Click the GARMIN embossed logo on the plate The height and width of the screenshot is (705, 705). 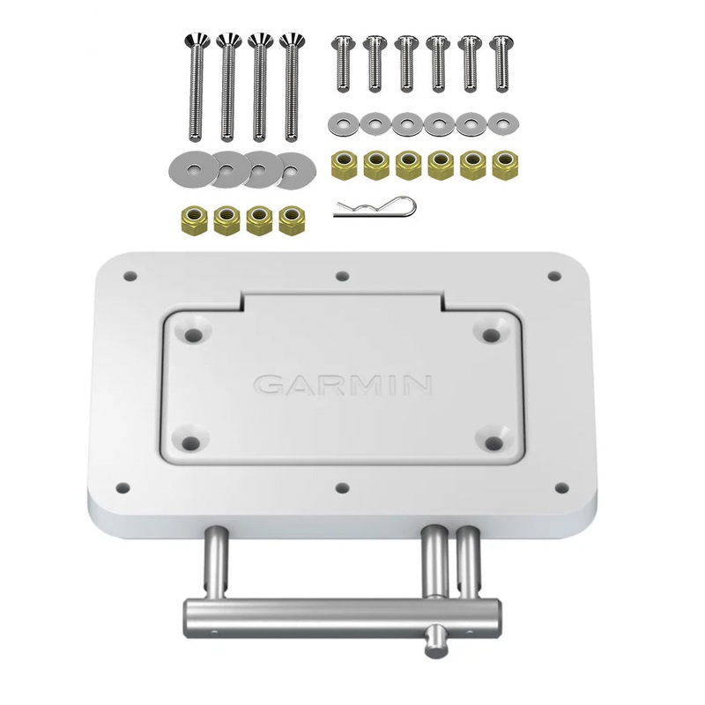(x=343, y=384)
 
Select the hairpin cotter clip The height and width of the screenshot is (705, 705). (x=374, y=208)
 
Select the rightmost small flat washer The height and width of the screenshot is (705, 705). (x=502, y=123)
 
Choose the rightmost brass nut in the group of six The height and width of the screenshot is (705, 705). (x=503, y=163)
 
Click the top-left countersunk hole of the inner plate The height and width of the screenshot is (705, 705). (x=194, y=334)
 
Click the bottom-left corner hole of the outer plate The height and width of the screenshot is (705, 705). (x=123, y=486)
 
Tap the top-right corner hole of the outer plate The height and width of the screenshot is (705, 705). (x=553, y=276)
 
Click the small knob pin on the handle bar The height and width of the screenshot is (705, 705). (x=434, y=640)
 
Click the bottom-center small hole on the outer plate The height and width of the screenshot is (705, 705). (x=343, y=486)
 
